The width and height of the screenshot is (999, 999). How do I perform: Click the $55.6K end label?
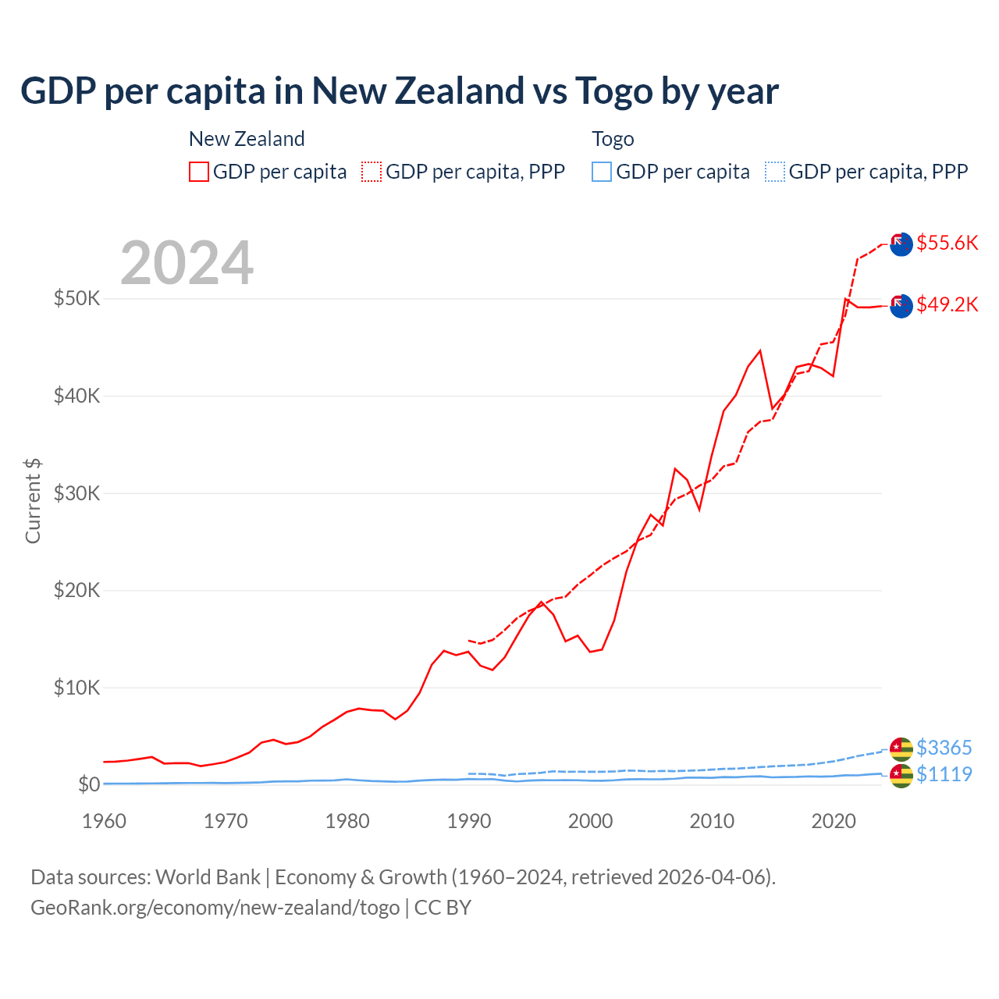point(947,243)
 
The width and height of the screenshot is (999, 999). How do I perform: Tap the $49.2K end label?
point(947,304)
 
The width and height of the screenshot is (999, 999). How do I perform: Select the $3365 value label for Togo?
point(944,748)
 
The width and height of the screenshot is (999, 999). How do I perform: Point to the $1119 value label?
point(944,774)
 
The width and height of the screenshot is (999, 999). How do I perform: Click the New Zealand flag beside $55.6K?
point(901,244)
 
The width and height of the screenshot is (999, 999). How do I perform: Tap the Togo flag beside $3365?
point(901,749)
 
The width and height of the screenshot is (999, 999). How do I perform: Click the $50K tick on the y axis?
point(76,298)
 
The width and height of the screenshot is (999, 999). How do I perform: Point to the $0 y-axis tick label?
point(88,784)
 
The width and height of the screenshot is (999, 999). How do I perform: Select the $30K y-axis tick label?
point(76,493)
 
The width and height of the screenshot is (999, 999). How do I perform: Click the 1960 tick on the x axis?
point(104,821)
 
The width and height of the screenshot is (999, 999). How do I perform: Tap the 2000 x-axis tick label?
point(591,821)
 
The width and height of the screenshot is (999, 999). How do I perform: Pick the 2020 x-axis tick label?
point(834,821)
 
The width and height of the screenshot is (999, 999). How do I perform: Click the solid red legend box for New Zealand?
point(199,172)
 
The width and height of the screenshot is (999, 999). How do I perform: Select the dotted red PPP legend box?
point(372,172)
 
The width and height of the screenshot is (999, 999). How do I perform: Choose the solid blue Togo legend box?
point(602,172)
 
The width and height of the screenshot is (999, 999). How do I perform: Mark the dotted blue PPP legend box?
point(775,172)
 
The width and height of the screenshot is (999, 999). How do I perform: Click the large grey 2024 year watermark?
point(187,263)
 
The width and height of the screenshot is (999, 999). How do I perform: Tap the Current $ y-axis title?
point(33,501)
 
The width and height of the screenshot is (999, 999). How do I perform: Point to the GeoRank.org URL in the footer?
point(215,908)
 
